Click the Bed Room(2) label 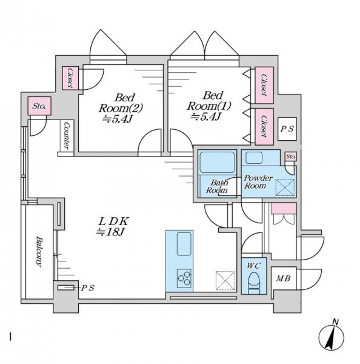click(121, 108)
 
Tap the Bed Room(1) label click(208, 106)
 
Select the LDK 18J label click(113, 227)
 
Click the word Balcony click(39, 252)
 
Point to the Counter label click(66, 136)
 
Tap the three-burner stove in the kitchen click(184, 278)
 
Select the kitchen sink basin click(184, 244)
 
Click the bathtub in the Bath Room click(217, 162)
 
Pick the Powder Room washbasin click(254, 158)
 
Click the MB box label click(284, 278)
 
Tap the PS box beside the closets click(287, 129)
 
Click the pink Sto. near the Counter click(39, 106)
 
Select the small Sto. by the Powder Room click(291, 157)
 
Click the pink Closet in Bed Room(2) click(70, 78)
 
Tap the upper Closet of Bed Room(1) click(264, 85)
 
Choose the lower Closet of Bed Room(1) click(264, 127)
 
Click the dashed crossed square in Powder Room click(285, 187)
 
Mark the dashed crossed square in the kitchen click(225, 280)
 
